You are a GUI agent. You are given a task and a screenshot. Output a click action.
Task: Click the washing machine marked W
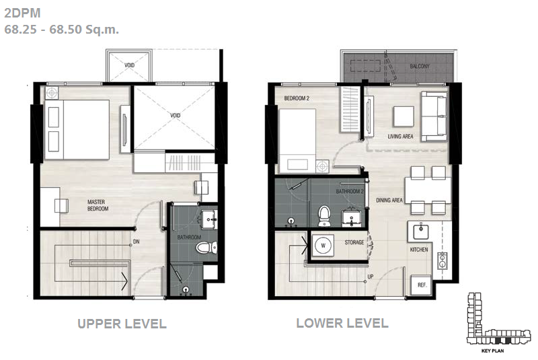(323, 246)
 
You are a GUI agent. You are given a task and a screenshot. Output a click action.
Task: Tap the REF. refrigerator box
(422, 285)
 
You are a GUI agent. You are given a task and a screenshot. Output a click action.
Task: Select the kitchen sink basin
(420, 231)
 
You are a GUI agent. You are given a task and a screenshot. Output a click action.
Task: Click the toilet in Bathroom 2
(324, 216)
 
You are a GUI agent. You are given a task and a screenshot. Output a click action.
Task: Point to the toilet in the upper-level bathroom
(206, 247)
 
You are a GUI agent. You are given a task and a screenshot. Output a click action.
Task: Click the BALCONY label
(419, 66)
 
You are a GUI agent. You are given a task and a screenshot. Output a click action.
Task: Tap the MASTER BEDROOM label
(98, 205)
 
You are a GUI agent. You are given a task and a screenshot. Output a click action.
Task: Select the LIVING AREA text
(400, 136)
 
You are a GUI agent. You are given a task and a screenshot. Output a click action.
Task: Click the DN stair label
(137, 242)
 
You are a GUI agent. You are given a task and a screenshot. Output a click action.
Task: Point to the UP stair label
(371, 277)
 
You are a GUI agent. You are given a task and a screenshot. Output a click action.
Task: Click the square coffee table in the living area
(403, 116)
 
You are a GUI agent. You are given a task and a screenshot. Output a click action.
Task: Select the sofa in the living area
(434, 116)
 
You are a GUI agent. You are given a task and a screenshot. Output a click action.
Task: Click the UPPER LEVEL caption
(122, 324)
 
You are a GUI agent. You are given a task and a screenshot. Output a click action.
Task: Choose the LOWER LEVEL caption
(342, 323)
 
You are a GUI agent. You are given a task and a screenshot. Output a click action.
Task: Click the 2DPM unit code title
(22, 13)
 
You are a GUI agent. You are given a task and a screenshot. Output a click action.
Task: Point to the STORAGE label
(354, 242)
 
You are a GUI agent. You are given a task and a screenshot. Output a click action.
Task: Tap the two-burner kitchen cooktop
(443, 260)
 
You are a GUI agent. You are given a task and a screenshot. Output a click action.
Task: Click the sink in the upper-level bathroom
(209, 219)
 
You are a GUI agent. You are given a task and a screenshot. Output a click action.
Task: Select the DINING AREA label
(389, 200)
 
